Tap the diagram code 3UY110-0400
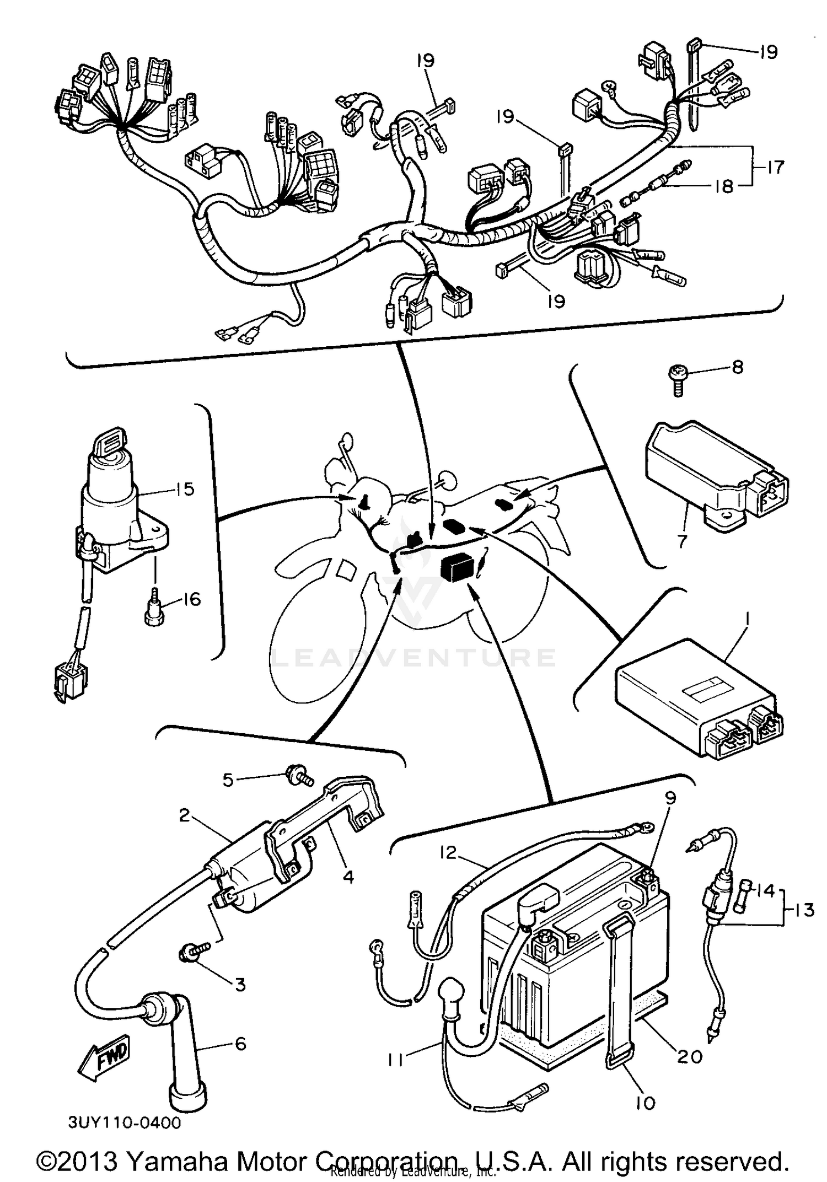point(125,1123)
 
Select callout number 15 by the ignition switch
point(185,489)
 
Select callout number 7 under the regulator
point(683,541)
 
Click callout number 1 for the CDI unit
point(747,622)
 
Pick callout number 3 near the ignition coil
point(240,984)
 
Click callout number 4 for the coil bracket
point(348,877)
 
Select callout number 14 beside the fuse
point(766,905)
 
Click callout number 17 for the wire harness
point(775,167)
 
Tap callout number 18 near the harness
point(724,186)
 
